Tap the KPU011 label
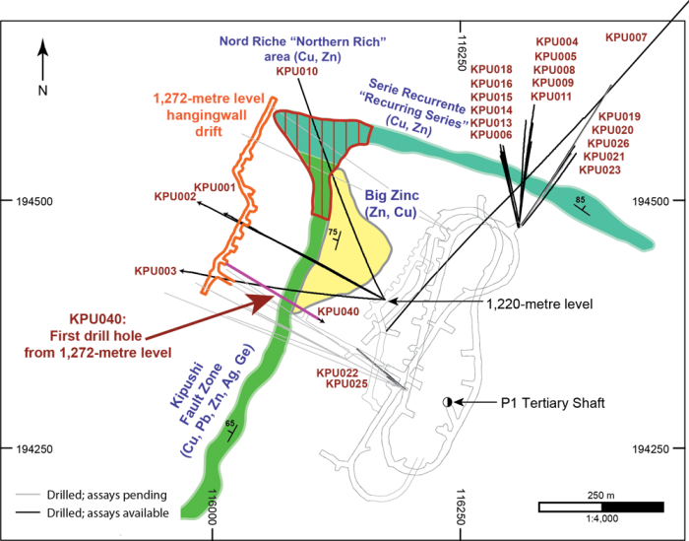[x=551, y=97]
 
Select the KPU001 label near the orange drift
[x=215, y=186]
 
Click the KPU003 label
[x=155, y=270]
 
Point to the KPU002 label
[x=175, y=196]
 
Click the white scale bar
[x=570, y=507]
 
